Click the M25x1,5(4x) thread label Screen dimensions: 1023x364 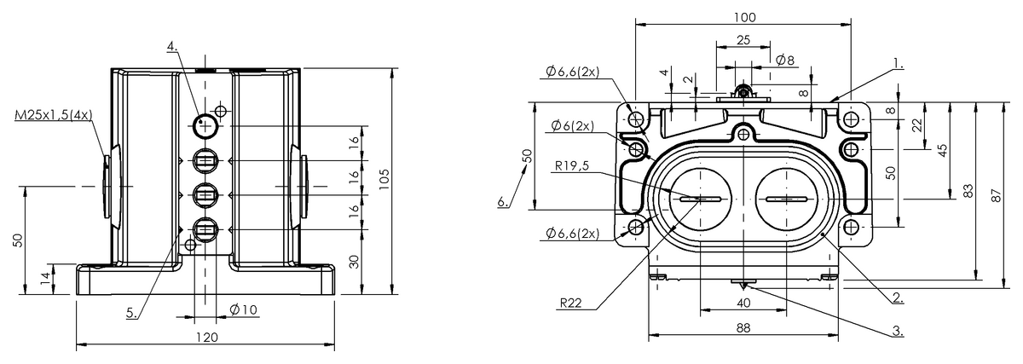point(54,115)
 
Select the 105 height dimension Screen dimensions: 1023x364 point(384,180)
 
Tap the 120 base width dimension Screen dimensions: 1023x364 point(207,338)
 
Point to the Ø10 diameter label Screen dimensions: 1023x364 point(244,310)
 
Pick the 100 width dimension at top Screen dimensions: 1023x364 point(745,17)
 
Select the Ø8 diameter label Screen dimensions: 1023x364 point(785,60)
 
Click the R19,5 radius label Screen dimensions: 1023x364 point(572,165)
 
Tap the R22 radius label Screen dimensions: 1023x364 point(571,303)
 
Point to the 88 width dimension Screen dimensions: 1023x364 point(743,328)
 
